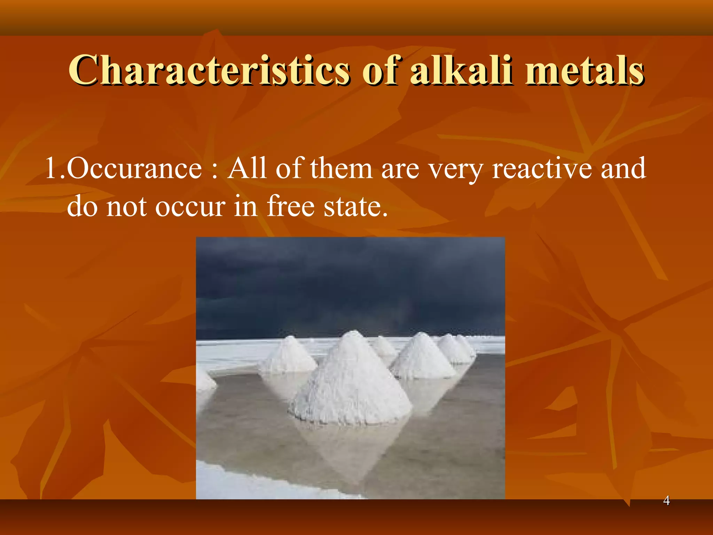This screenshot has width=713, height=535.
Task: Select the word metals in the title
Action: tap(585, 70)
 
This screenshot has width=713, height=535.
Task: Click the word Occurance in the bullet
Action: tap(134, 169)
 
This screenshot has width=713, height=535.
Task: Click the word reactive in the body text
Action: tap(542, 169)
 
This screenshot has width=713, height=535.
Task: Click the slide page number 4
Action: tap(666, 501)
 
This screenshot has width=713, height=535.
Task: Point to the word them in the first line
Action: tap(341, 169)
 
